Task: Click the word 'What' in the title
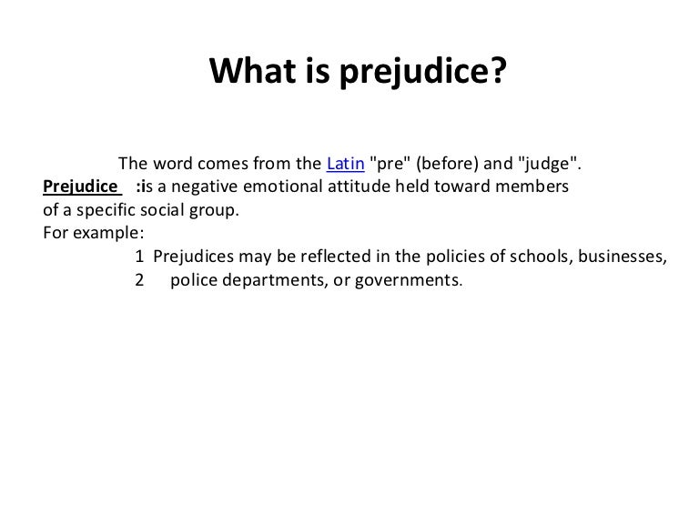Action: [253, 70]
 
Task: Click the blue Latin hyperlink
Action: [346, 164]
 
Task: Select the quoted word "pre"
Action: [390, 163]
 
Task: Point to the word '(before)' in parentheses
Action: [447, 164]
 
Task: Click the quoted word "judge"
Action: [547, 164]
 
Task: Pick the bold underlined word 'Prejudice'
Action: [80, 186]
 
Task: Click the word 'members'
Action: [532, 186]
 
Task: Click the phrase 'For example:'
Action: [94, 233]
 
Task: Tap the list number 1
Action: [139, 257]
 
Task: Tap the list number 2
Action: [139, 280]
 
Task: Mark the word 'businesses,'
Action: [623, 257]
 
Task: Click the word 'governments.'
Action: [409, 281]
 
